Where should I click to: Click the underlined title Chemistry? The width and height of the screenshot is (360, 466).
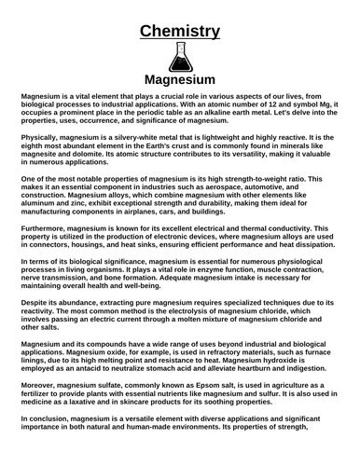pyautogui.click(x=179, y=33)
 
